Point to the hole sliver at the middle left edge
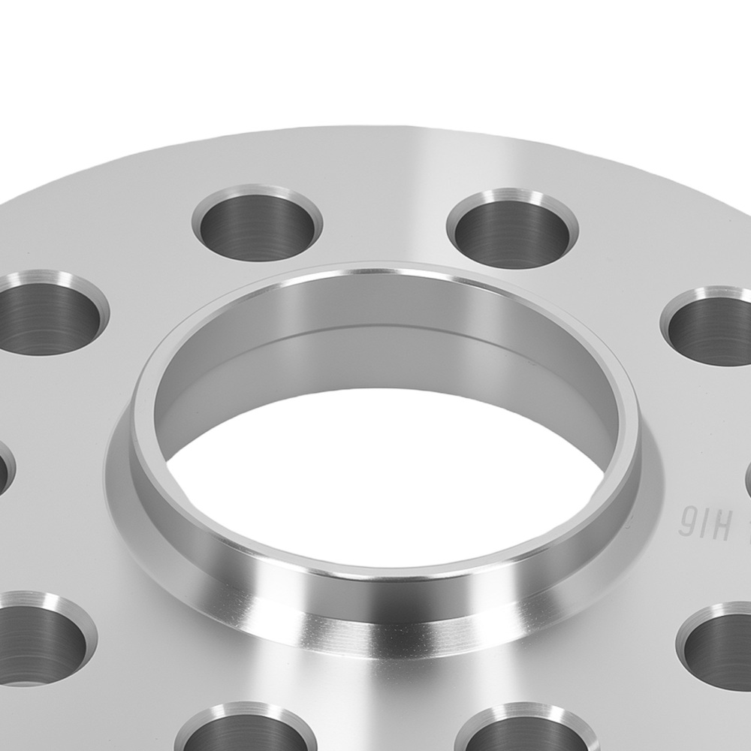click(x=4, y=469)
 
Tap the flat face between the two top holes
click(x=385, y=218)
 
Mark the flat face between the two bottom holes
click(x=387, y=721)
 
